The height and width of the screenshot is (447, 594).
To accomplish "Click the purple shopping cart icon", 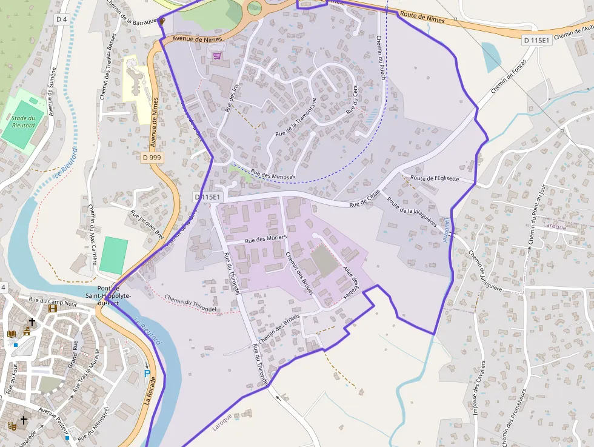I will pyautogui.click(x=217, y=56).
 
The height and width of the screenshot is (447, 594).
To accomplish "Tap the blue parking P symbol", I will pyautogui.click(x=147, y=373).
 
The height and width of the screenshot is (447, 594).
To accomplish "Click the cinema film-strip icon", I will pyautogui.click(x=52, y=309).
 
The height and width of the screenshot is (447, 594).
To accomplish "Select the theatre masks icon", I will pyautogui.click(x=10, y=425).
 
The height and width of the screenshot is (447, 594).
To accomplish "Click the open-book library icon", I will pyautogui.click(x=12, y=334).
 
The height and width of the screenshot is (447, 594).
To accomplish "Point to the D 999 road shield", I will pyautogui.click(x=152, y=158).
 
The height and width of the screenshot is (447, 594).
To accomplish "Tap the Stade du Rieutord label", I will pyautogui.click(x=23, y=121).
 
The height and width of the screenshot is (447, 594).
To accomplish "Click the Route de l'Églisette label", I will pyautogui.click(x=435, y=178).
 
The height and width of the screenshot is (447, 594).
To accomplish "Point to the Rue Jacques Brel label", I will pyautogui.click(x=147, y=224).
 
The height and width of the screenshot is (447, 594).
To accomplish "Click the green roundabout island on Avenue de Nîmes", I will pyautogui.click(x=255, y=8).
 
